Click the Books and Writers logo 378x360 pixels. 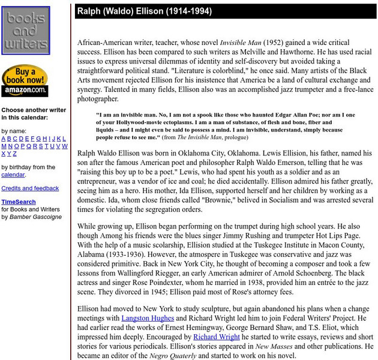pyautogui.click(x=25, y=32)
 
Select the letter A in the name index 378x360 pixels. pyautogui.click(x=4, y=139)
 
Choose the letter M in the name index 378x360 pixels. pyautogui.click(x=4, y=146)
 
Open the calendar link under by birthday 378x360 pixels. pyautogui.click(x=13, y=175)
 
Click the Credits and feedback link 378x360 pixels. pyautogui.click(x=30, y=188)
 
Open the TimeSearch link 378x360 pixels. pyautogui.click(x=18, y=202)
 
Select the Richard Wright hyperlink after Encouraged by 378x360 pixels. pyautogui.click(x=214, y=338)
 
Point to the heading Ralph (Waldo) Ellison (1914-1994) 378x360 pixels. pyautogui.click(x=144, y=11)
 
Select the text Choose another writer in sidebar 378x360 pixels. pyautogui.click(x=34, y=110)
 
